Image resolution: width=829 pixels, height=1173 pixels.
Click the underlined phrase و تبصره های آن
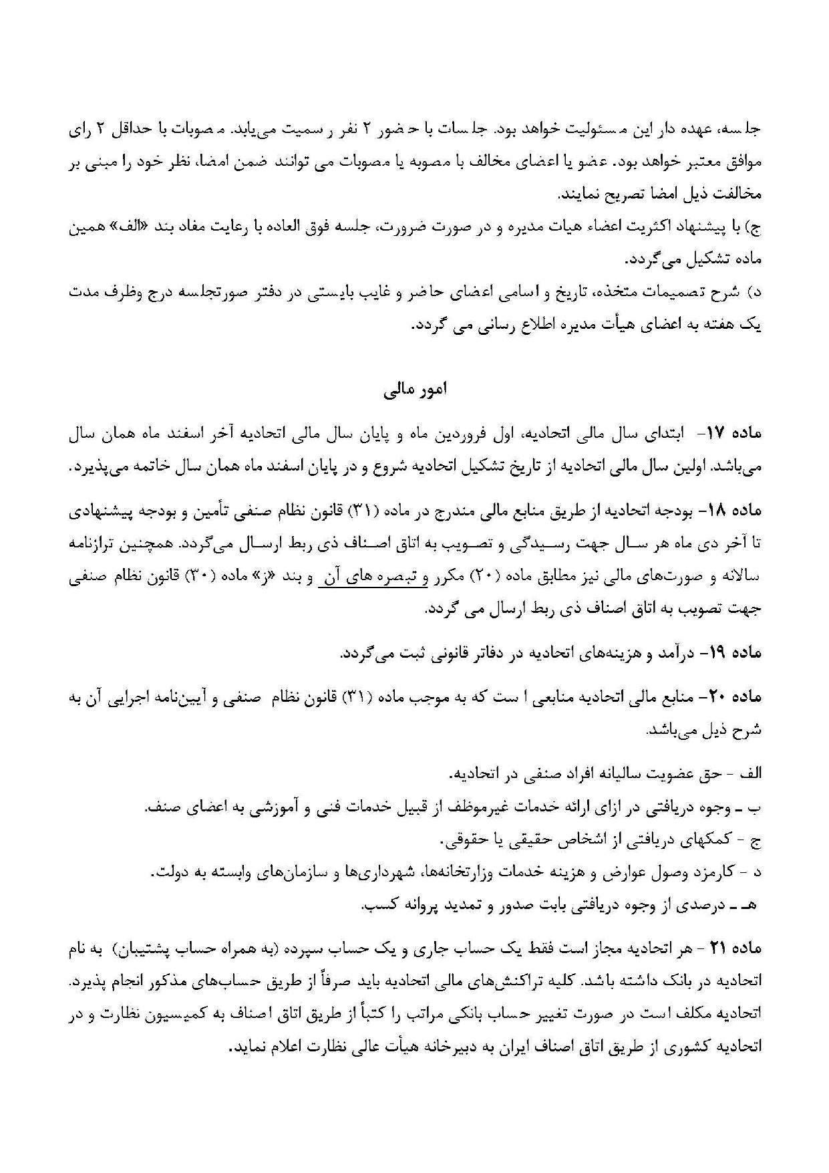pyautogui.click(x=374, y=577)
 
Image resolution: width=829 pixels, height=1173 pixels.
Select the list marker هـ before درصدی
pyautogui.click(x=752, y=906)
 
